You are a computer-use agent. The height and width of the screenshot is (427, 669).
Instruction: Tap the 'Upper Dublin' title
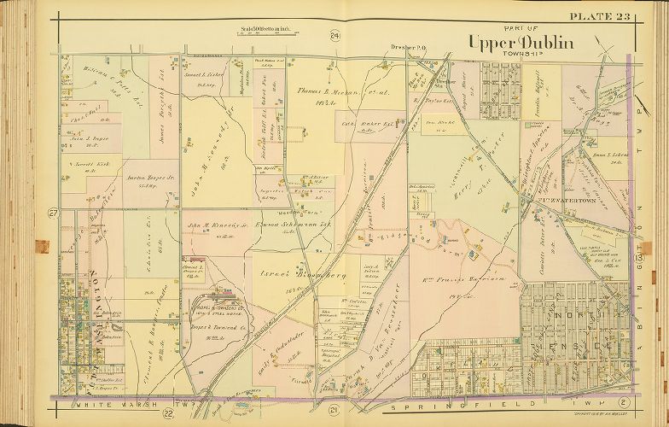[x=509, y=43]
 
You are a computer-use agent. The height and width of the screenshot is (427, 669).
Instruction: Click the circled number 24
[x=335, y=35]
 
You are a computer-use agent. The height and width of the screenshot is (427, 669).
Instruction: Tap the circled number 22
[x=169, y=415]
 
